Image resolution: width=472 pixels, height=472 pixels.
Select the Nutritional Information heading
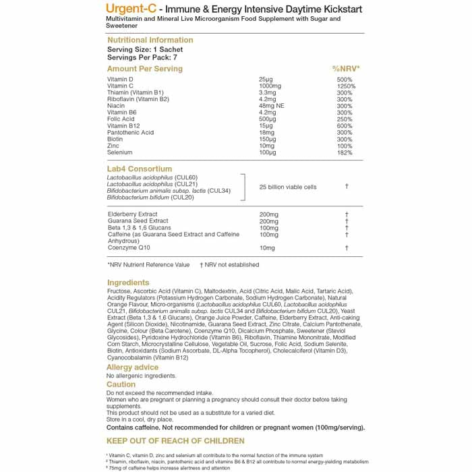[x=150, y=40]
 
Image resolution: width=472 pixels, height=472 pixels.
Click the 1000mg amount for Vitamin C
[x=270, y=86]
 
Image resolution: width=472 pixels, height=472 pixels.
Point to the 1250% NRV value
[x=346, y=86]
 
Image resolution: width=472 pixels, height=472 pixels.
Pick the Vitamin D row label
[x=120, y=80]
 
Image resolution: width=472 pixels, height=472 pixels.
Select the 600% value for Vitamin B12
[x=345, y=126]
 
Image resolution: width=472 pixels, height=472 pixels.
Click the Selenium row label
[x=120, y=152]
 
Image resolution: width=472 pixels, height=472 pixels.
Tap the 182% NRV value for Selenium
[x=345, y=152]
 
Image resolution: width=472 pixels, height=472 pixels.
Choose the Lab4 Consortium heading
[x=140, y=169]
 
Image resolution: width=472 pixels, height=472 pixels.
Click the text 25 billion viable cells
[x=287, y=187]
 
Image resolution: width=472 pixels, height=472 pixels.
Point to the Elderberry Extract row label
[x=132, y=214]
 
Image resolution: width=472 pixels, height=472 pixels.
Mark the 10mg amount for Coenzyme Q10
[x=267, y=248]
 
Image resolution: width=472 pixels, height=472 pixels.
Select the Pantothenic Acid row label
[x=130, y=133]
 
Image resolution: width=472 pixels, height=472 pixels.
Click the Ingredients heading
[x=128, y=283]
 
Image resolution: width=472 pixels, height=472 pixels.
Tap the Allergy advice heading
[x=133, y=367]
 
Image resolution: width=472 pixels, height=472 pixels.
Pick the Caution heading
[x=121, y=384]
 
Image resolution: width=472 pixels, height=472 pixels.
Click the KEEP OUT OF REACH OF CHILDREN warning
[x=175, y=441]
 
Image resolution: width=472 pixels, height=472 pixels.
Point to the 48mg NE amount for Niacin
[x=272, y=106]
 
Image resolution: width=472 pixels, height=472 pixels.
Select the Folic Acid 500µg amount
[x=268, y=119]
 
